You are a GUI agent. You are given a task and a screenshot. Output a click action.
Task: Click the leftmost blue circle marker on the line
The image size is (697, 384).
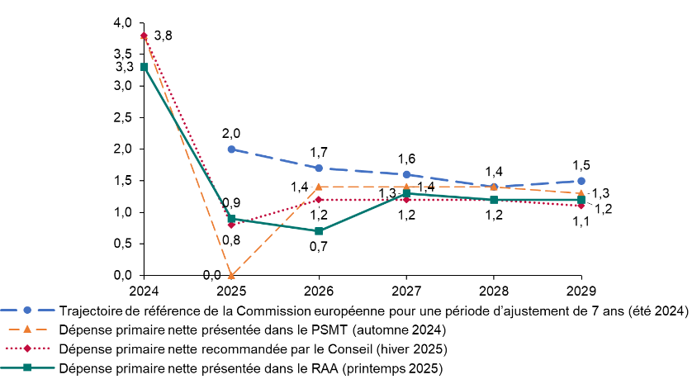click(x=231, y=149)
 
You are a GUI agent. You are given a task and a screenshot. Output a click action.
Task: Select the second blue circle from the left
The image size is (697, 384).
click(x=319, y=168)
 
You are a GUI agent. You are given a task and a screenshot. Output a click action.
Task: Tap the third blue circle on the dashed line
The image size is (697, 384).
click(x=406, y=174)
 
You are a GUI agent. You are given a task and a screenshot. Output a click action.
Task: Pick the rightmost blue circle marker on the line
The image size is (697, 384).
click(x=581, y=181)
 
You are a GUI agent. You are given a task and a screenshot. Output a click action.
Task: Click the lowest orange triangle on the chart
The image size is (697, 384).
click(x=231, y=275)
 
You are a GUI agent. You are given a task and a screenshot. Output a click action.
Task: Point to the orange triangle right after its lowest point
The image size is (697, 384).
click(x=319, y=187)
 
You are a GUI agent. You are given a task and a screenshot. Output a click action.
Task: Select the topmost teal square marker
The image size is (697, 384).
click(x=145, y=67)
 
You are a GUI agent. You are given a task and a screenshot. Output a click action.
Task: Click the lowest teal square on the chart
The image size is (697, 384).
click(x=319, y=231)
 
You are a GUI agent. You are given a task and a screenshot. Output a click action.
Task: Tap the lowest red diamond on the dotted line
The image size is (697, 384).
click(x=231, y=225)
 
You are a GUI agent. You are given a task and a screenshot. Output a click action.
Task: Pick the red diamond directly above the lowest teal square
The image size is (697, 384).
click(x=319, y=200)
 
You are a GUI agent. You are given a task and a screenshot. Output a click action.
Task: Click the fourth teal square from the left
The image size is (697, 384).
click(x=406, y=193)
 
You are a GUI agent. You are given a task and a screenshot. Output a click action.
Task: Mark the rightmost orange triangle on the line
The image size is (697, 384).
click(x=581, y=193)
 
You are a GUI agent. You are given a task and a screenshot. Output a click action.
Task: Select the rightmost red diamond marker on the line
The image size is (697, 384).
click(x=581, y=206)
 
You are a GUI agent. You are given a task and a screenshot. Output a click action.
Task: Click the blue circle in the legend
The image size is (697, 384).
click(x=27, y=311)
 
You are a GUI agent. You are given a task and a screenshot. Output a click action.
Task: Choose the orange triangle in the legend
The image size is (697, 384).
click(x=27, y=329)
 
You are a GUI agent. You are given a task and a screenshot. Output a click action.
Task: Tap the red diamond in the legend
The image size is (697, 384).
click(x=27, y=348)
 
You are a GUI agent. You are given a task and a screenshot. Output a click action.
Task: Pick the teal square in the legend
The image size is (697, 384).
click(x=27, y=367)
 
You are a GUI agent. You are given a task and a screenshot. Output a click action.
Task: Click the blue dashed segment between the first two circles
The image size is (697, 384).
click(x=275, y=159)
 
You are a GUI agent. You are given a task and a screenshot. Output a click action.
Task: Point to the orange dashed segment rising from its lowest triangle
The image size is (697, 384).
click(x=275, y=231)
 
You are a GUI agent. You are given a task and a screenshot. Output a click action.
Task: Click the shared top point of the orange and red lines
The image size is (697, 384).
click(x=144, y=36)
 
